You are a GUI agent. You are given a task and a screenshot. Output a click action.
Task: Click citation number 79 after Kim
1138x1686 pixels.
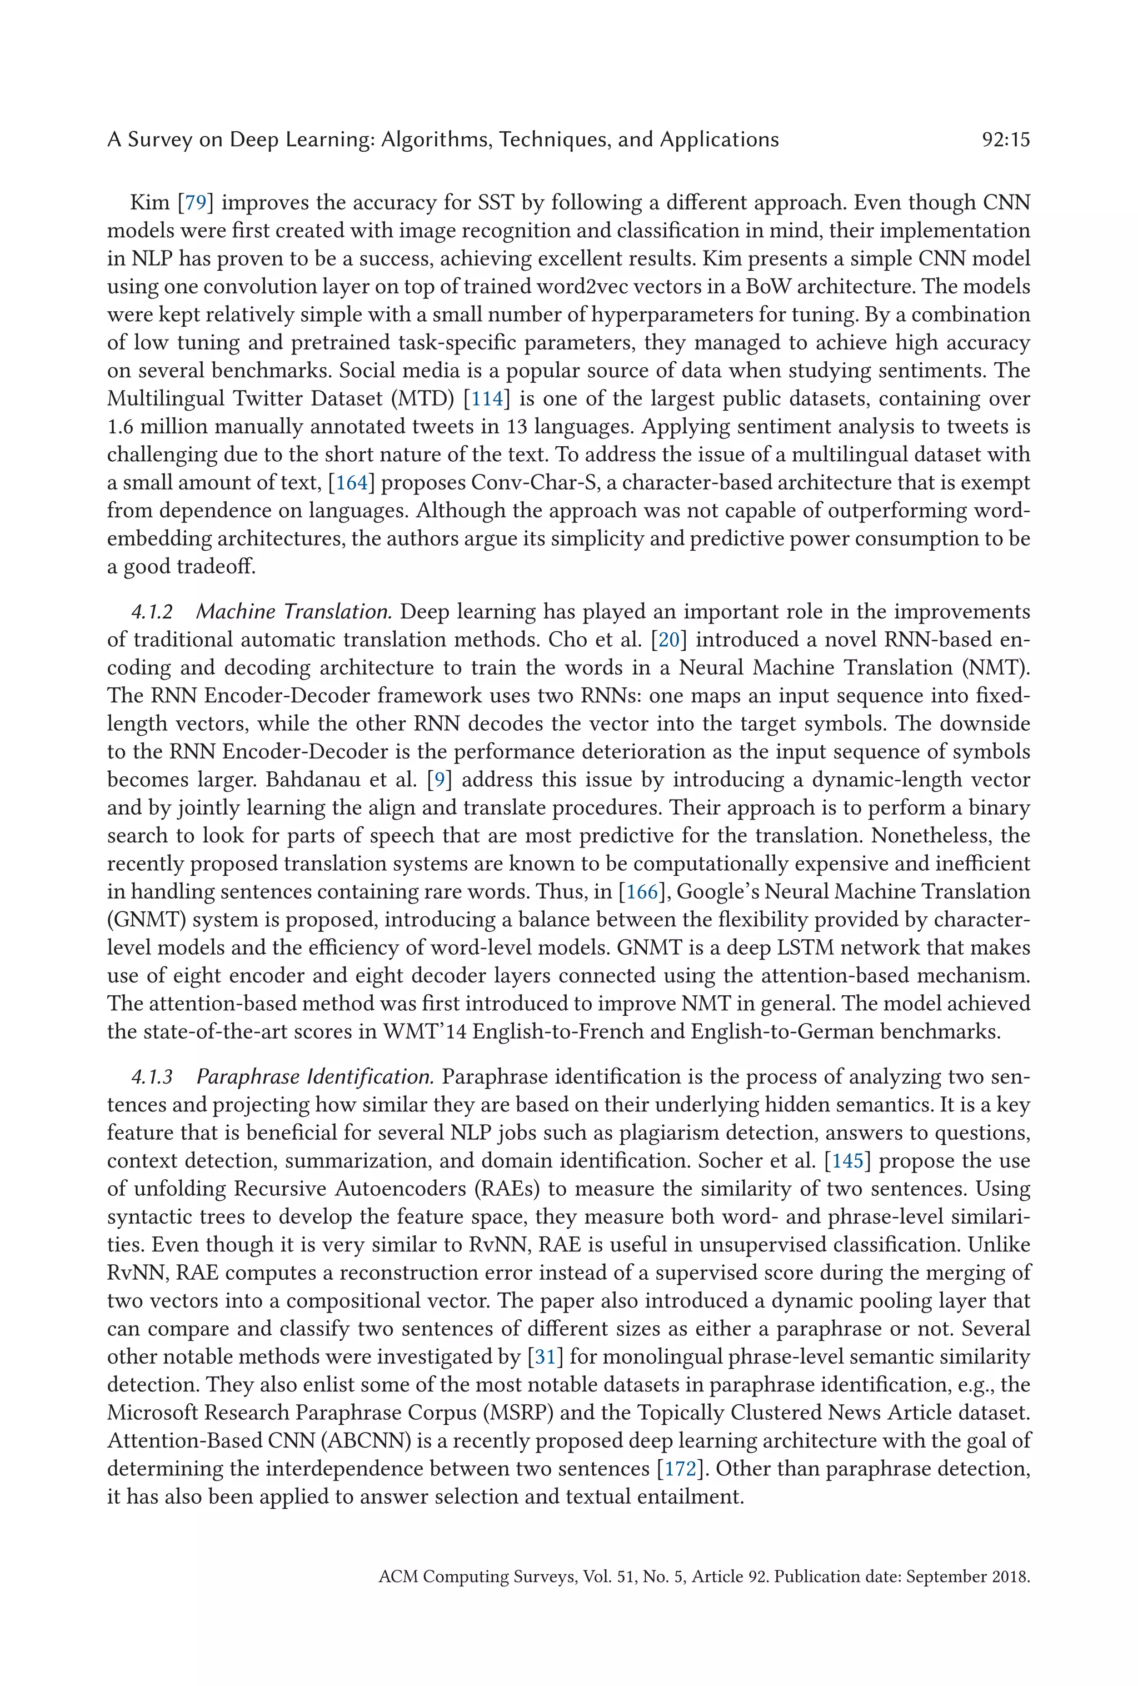196,202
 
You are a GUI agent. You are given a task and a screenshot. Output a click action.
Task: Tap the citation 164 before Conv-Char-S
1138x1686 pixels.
351,482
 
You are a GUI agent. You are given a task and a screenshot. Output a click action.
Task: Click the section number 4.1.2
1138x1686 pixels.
152,612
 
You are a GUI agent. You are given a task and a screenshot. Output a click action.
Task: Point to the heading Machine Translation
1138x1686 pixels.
294,612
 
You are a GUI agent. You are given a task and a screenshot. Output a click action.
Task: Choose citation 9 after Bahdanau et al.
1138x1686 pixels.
440,780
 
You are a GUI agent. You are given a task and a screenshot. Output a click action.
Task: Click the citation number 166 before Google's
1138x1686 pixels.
641,891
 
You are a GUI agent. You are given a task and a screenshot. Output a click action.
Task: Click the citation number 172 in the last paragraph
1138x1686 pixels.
680,1469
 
